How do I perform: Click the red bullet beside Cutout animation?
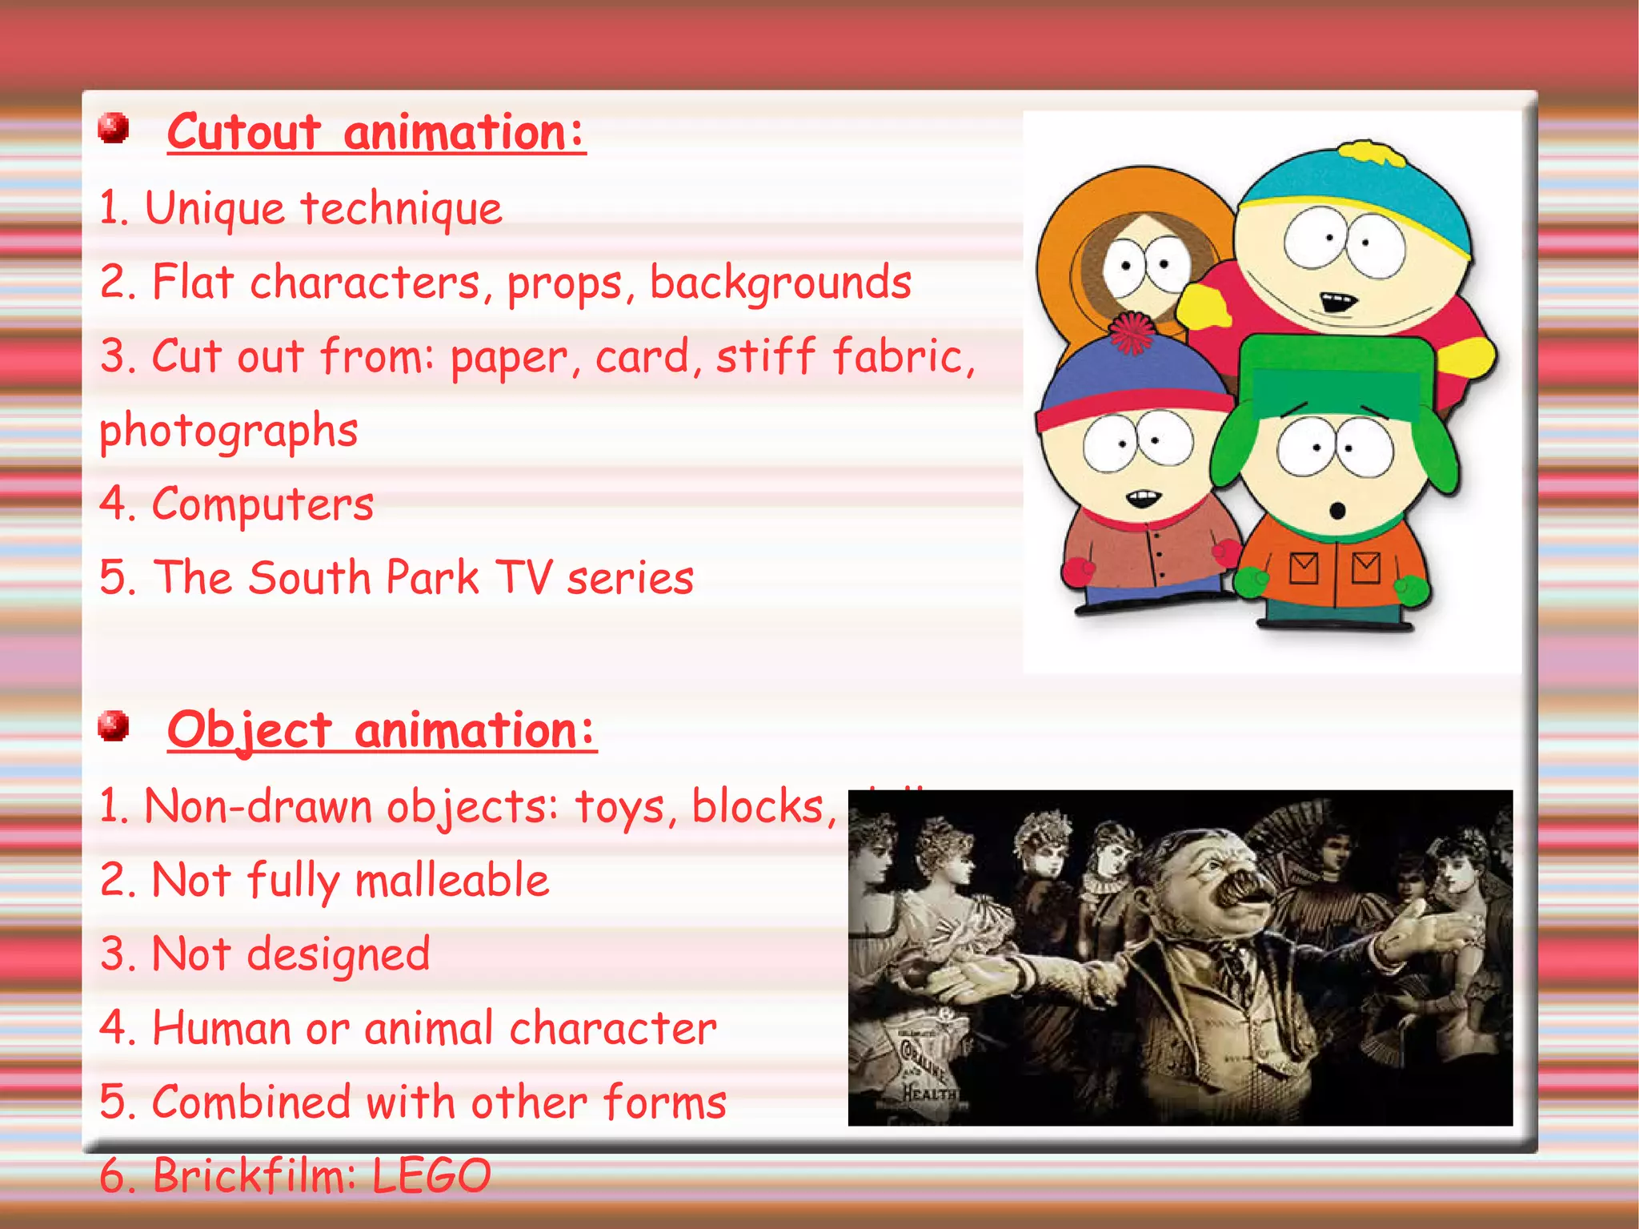coord(114,128)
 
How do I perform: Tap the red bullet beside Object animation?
coord(114,726)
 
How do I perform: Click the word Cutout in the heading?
coord(245,132)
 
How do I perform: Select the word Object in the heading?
coord(250,730)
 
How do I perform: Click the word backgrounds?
coord(780,283)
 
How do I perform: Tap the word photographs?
coord(229,432)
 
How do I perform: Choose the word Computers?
coord(262,504)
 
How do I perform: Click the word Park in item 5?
coord(433,577)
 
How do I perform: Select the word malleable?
coord(452,880)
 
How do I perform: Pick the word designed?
coord(339,954)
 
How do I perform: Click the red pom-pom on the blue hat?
coord(1130,332)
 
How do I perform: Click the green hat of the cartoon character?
coord(1335,376)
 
